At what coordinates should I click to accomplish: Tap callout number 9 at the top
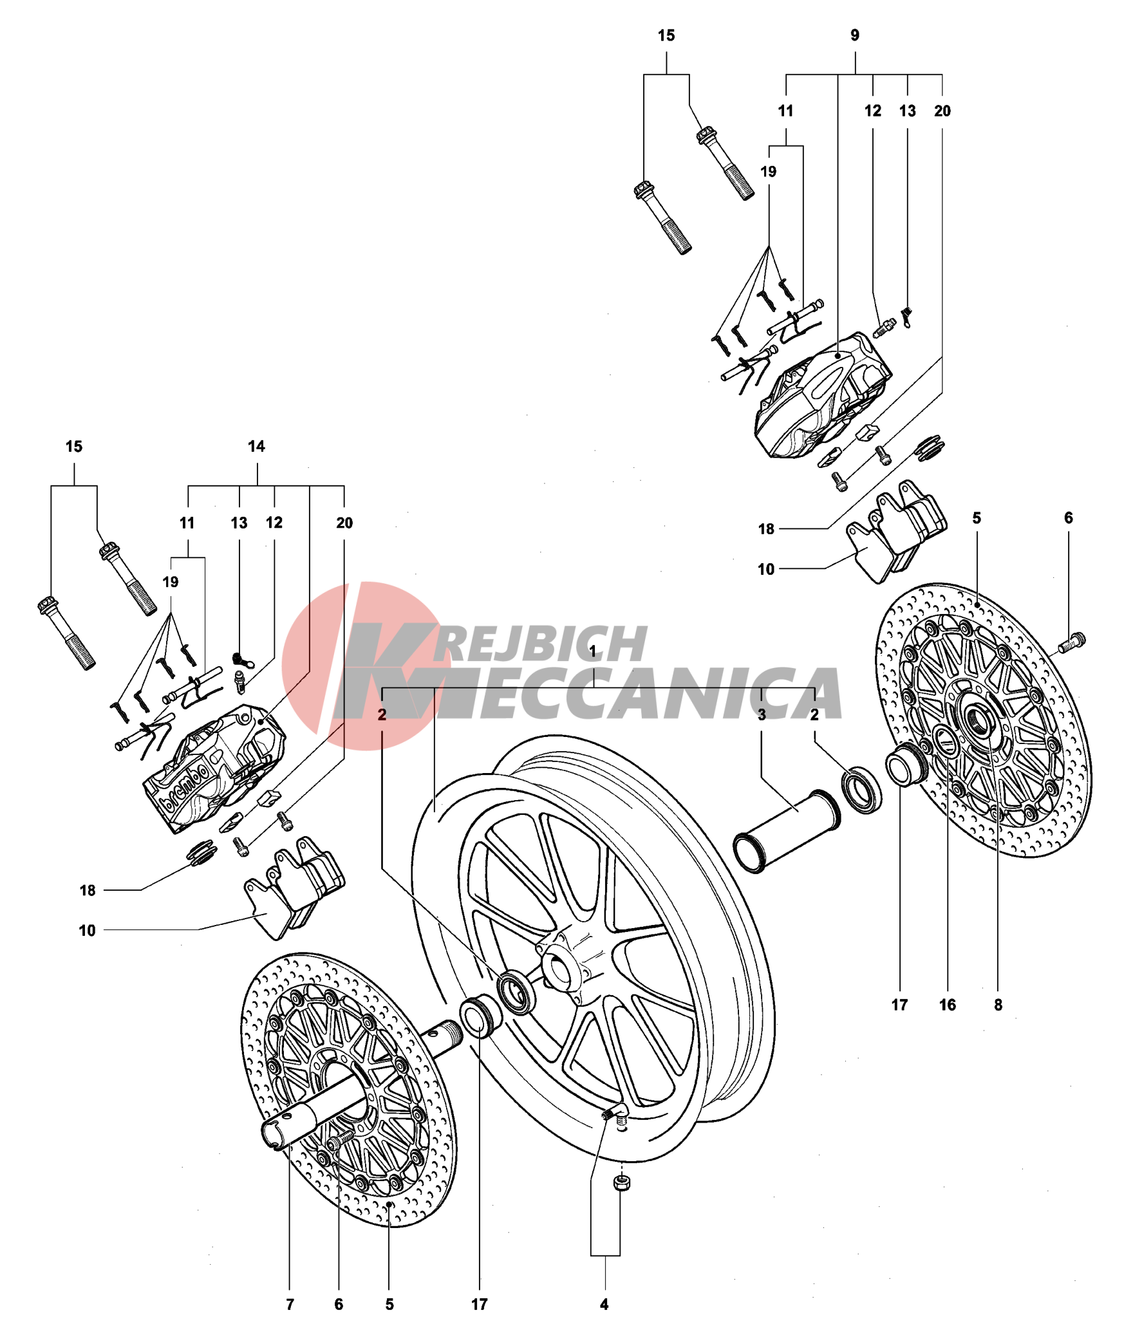point(854,35)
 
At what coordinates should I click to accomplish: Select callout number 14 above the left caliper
point(256,446)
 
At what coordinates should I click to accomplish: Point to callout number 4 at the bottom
point(604,1304)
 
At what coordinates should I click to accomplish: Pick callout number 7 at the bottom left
point(290,1304)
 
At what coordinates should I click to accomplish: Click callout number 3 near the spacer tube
point(762,714)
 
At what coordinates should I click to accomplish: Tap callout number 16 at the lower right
point(947,1005)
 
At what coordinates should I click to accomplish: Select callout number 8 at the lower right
point(998,1005)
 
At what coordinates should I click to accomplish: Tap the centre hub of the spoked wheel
point(558,969)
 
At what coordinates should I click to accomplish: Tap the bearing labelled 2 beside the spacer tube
point(861,790)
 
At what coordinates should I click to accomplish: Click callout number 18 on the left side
point(88,890)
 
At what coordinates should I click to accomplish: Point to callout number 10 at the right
point(765,569)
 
